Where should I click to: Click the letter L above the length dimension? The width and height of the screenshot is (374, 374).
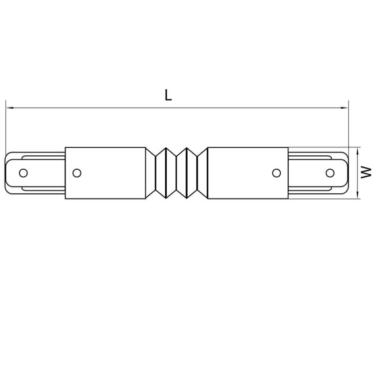pyautogui.click(x=168, y=96)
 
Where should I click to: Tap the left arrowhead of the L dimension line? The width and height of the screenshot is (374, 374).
pyautogui.click(x=8, y=107)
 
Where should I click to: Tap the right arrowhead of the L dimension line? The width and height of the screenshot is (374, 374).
pyautogui.click(x=346, y=107)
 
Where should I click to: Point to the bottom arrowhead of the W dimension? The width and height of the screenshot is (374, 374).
pyautogui.click(x=358, y=197)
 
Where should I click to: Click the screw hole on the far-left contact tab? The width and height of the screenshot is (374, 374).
pyautogui.click(x=24, y=173)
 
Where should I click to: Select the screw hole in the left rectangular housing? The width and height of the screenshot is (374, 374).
pyautogui.click(x=77, y=173)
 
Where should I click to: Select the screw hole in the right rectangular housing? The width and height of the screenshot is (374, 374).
pyautogui.click(x=276, y=173)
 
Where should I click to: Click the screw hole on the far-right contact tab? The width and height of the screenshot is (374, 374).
pyautogui.click(x=330, y=173)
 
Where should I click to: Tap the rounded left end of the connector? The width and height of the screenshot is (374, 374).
pyautogui.click(x=7, y=173)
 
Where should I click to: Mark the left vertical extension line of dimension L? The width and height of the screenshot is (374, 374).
pyautogui.click(x=6, y=127)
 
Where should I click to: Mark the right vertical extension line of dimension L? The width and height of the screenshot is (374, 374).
pyautogui.click(x=349, y=127)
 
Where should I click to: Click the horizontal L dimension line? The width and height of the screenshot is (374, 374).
pyautogui.click(x=230, y=107)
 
